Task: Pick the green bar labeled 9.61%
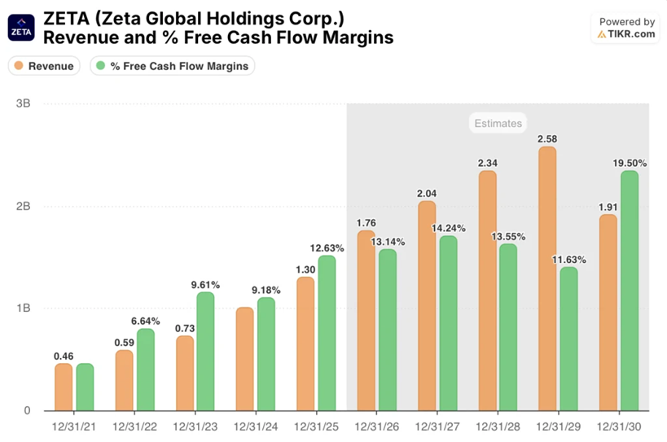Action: pyautogui.click(x=205, y=351)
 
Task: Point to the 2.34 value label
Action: pyautogui.click(x=488, y=164)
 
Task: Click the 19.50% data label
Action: pyautogui.click(x=630, y=163)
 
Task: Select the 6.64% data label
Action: pyautogui.click(x=145, y=321)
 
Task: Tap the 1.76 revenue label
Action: pyautogui.click(x=366, y=223)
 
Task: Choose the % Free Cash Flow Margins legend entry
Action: pyautogui.click(x=171, y=66)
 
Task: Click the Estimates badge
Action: pyautogui.click(x=498, y=124)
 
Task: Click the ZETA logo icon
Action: pyautogui.click(x=21, y=28)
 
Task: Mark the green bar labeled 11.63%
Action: pyautogui.click(x=568, y=339)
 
